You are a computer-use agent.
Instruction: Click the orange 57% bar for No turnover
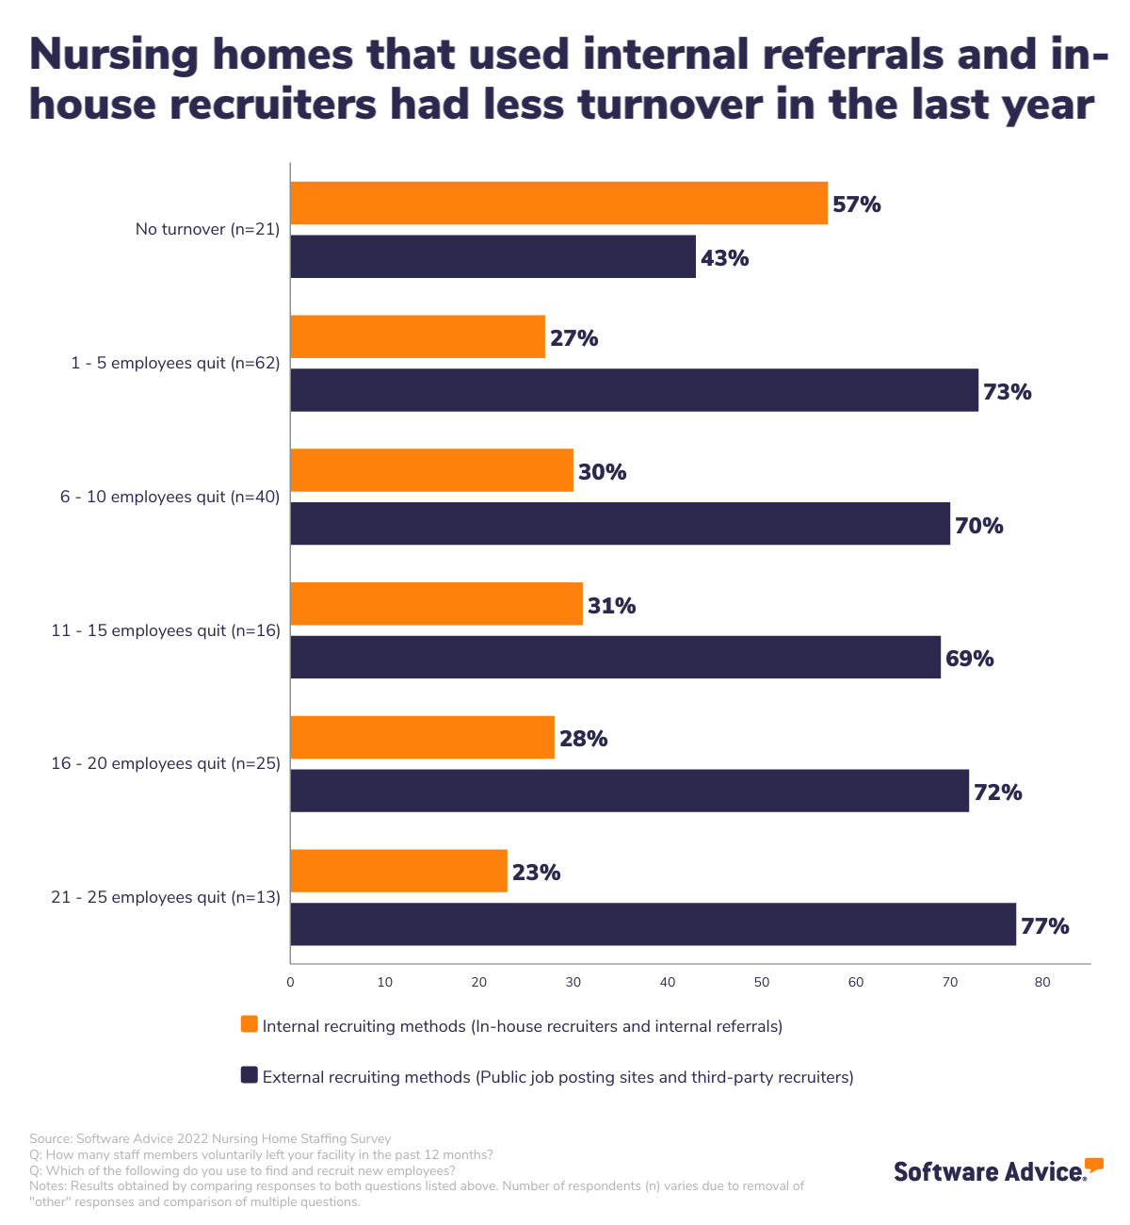click(558, 204)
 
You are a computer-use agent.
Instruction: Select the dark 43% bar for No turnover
click(492, 256)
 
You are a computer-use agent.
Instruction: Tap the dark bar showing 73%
click(634, 390)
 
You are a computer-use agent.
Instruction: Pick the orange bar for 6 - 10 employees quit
click(431, 470)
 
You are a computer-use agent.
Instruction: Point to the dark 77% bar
click(653, 924)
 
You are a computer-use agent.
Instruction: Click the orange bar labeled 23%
click(398, 871)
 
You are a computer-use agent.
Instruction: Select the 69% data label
click(970, 659)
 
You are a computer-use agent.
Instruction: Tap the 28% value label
click(584, 739)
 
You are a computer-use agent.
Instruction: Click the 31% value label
click(612, 606)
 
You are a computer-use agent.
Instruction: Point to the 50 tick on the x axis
click(762, 982)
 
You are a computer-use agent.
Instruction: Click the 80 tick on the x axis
click(1042, 982)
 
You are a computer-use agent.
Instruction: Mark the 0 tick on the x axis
click(290, 982)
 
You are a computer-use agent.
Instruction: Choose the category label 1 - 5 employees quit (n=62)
click(175, 363)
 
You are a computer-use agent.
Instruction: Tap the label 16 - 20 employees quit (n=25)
click(166, 764)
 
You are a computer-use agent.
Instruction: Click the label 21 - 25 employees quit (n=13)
click(166, 898)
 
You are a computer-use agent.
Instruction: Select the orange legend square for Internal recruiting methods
click(250, 1024)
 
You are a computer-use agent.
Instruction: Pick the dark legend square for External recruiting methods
click(250, 1075)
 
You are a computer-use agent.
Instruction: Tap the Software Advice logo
click(996, 1170)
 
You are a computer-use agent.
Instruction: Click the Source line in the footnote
click(210, 1138)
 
